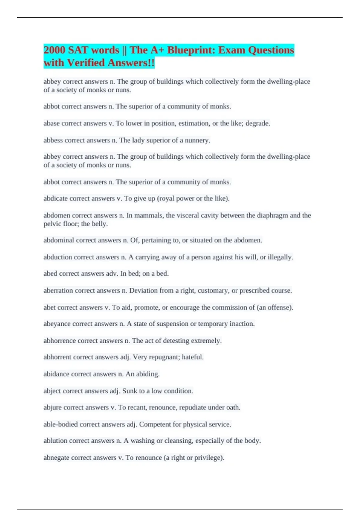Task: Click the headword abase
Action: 52,123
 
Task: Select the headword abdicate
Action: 55,198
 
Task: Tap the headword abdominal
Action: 59,240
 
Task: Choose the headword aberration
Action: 58,290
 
